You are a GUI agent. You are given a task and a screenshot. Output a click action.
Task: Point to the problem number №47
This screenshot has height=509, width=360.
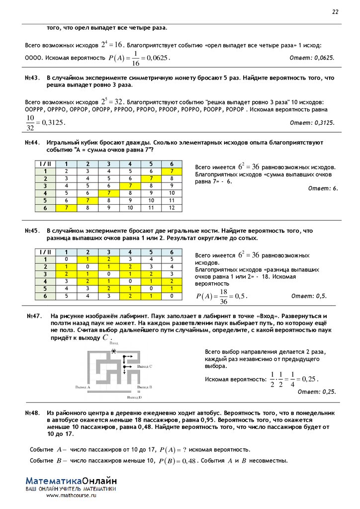[33, 316]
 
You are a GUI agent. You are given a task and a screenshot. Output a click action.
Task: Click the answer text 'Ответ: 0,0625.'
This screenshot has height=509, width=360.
[312, 58]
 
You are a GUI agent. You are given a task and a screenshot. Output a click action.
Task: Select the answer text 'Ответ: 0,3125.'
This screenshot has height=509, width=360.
[312, 122]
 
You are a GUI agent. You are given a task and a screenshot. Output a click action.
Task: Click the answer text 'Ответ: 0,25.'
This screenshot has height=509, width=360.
[317, 392]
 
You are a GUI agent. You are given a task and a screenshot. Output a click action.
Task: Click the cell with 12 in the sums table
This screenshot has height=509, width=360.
[172, 207]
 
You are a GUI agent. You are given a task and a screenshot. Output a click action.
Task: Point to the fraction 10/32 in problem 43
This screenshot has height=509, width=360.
[31, 122]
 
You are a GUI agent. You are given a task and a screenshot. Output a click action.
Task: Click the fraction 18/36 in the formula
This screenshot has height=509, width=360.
[223, 296]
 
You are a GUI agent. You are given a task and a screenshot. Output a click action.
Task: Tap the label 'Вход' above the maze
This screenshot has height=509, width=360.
[114, 343]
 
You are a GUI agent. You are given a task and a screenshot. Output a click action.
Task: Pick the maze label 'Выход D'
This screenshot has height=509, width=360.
[134, 398]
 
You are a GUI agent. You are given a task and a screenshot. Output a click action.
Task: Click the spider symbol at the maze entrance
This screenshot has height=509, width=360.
[115, 351]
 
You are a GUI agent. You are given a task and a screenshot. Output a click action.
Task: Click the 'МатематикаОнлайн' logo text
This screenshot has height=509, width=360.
[72, 481]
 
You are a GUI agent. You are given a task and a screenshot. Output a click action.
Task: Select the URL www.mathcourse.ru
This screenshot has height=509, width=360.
[72, 495]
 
